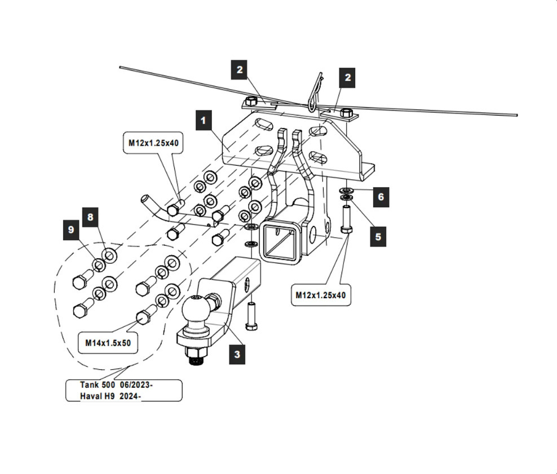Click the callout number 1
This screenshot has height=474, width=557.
click(x=204, y=120)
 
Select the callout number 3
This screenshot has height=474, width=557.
click(x=237, y=355)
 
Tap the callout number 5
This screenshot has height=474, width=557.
click(x=378, y=237)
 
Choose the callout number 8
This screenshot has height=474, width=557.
click(x=90, y=216)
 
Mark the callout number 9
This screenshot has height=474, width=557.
click(x=71, y=230)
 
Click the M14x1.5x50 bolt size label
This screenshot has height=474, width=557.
click(x=108, y=342)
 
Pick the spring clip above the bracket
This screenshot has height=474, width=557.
click(x=315, y=93)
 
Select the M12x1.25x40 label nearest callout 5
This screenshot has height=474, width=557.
click(x=321, y=295)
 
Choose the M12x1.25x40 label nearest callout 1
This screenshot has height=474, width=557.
click(x=153, y=143)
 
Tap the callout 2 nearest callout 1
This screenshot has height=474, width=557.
click(x=240, y=70)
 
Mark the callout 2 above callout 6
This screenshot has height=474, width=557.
click(x=348, y=77)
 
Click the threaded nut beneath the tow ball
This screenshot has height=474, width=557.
click(x=196, y=357)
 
